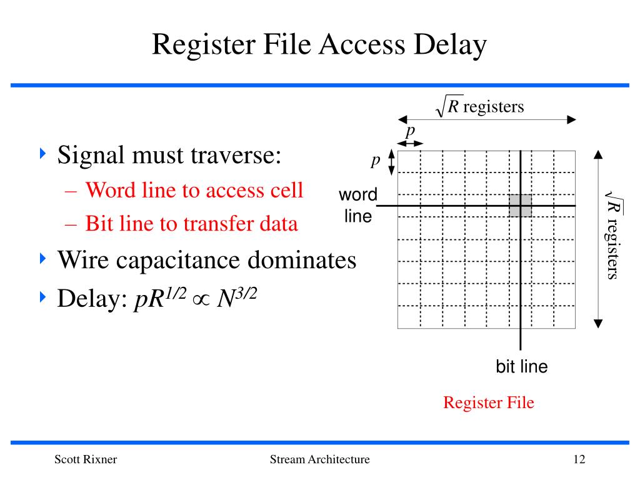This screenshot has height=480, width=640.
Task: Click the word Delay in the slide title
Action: [x=448, y=46]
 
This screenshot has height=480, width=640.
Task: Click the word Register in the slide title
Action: [x=197, y=46]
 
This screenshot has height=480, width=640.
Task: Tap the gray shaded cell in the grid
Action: [x=520, y=206]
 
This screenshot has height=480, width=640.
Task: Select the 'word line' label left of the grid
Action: [x=358, y=206]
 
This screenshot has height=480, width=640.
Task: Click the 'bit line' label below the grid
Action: [x=521, y=367]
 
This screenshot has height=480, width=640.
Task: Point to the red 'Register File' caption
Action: [x=489, y=402]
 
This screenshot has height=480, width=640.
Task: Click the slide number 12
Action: [x=579, y=460]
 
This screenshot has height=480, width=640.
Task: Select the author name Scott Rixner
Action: [x=86, y=460]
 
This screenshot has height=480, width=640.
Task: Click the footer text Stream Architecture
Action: [x=319, y=460]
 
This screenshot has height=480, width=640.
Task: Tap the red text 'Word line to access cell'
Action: [x=194, y=190]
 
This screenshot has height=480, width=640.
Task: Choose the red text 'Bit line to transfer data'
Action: [x=191, y=224]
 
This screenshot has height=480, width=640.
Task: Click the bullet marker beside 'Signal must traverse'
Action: [x=43, y=153]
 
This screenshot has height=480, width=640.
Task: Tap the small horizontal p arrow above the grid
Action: [x=411, y=144]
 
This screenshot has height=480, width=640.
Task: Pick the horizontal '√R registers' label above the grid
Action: [x=479, y=107]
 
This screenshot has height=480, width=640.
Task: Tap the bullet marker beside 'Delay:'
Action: [x=43, y=297]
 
